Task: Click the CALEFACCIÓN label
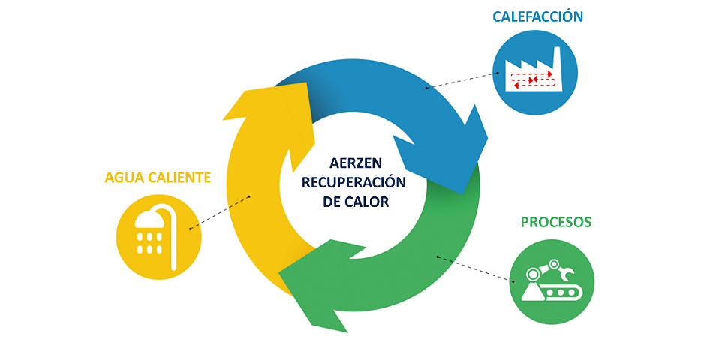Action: click(x=537, y=16)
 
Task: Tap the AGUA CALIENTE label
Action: click(x=158, y=178)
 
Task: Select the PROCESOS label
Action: click(x=555, y=222)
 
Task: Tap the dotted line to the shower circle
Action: click(x=219, y=213)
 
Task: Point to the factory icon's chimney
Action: click(x=556, y=56)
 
